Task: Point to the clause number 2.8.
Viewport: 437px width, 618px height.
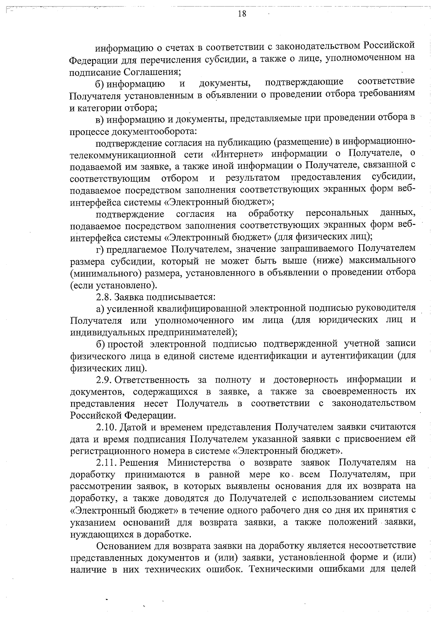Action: point(104,297)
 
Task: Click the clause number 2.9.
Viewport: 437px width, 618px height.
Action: point(104,380)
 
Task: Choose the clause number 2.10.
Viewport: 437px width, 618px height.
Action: point(106,427)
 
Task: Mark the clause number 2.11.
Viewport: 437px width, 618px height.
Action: point(106,463)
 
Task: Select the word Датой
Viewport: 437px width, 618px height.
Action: point(133,427)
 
